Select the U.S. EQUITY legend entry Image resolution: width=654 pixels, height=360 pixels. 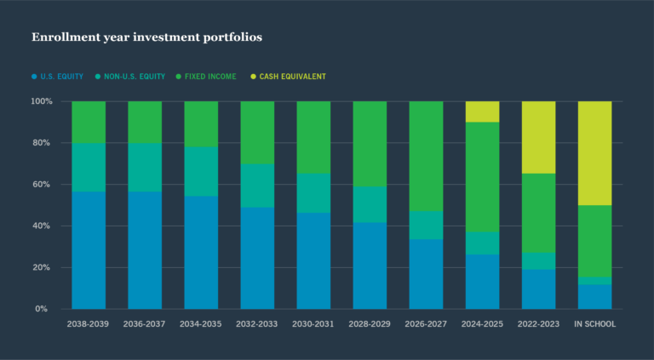tap(58, 77)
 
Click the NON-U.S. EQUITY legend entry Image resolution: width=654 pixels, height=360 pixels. tap(133, 77)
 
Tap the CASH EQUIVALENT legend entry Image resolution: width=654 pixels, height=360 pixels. tap(288, 77)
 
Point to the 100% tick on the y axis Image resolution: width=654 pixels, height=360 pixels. tap(42, 101)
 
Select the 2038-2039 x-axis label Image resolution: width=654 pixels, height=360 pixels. tap(89, 324)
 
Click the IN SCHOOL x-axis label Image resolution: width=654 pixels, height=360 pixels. tap(595, 324)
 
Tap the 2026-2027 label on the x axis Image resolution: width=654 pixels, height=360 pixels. tap(426, 324)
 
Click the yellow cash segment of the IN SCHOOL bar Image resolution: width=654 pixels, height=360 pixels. tap(594, 153)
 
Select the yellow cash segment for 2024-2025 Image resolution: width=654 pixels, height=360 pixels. tap(482, 111)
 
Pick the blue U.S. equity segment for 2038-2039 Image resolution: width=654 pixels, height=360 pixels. tap(89, 250)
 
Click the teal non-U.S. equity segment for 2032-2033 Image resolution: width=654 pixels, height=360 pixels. tap(257, 186)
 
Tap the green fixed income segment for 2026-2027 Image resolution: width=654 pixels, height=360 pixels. tap(426, 156)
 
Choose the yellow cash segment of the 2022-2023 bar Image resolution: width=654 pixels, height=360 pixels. tap(538, 137)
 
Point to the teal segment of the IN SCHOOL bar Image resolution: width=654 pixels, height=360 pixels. tap(594, 280)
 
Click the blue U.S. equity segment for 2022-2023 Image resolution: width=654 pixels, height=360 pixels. tap(538, 289)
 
